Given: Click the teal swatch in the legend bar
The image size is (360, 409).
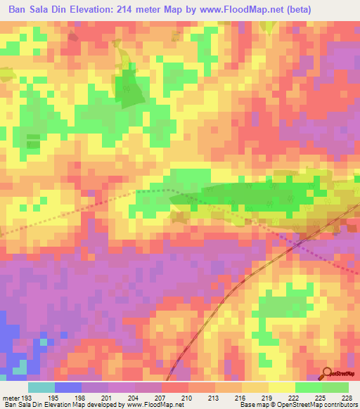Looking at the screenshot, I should pos(41,387).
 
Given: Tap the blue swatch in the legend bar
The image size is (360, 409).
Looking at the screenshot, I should pos(68,387).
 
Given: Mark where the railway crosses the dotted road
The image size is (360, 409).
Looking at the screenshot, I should pos(297,244).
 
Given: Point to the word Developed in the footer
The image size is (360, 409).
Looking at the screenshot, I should pos(95,405).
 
